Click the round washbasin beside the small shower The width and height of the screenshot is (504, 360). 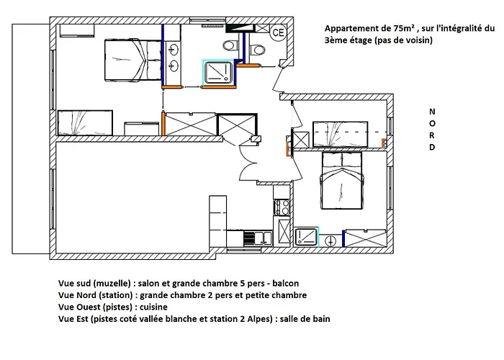(332, 240)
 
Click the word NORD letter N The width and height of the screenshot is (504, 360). (431, 112)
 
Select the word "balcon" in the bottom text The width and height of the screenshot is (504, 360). (284, 283)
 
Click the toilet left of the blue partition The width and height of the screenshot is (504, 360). (230, 45)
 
